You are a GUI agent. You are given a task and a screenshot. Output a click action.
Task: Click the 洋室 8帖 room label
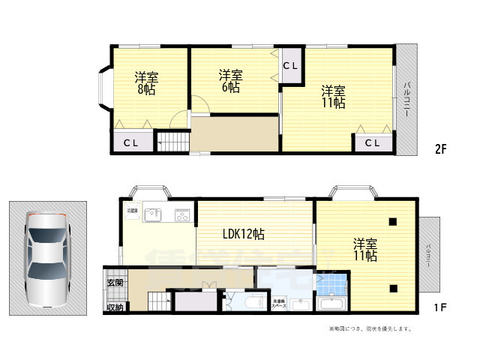(x=146, y=83)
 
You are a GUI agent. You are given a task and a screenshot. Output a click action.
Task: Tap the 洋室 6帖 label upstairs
(x=230, y=81)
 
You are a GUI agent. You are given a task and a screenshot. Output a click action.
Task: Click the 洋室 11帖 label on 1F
(x=365, y=250)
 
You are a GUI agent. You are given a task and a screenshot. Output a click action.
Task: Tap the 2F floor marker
(x=440, y=148)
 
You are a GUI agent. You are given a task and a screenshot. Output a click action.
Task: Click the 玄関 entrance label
(x=115, y=283)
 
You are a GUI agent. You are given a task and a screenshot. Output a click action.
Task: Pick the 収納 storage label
(x=115, y=307)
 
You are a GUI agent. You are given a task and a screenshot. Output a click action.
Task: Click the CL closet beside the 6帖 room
(x=291, y=66)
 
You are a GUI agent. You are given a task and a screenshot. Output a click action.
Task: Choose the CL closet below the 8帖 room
(x=130, y=142)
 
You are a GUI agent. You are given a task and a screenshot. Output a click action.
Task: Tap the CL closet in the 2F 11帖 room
(x=373, y=142)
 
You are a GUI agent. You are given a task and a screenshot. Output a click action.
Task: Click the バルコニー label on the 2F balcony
(x=406, y=98)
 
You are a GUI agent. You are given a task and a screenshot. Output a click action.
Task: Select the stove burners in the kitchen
(x=182, y=214)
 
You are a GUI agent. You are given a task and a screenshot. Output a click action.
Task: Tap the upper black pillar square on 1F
(x=393, y=221)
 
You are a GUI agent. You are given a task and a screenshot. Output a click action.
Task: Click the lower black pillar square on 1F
(x=393, y=288)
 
